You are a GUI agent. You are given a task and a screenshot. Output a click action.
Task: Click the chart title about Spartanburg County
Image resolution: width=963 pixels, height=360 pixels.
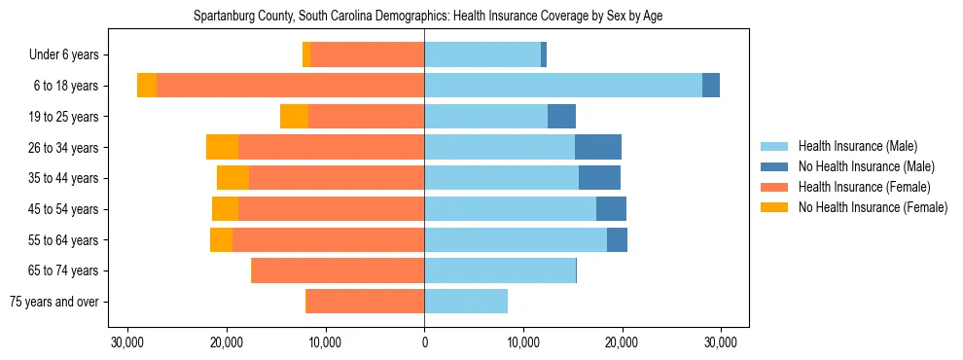(x=428, y=17)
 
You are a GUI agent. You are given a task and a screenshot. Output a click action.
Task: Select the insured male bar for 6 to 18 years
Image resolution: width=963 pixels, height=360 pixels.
(x=563, y=86)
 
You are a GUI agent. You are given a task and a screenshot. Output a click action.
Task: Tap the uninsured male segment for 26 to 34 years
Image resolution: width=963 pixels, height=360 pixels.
(x=598, y=147)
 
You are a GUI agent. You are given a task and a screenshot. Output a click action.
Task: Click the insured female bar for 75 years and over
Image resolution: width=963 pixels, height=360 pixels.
(x=365, y=302)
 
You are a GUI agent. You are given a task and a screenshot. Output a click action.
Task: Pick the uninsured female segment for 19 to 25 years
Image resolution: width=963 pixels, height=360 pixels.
(x=294, y=116)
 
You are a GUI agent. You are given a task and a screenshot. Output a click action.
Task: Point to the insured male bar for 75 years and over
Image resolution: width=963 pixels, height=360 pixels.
(x=466, y=302)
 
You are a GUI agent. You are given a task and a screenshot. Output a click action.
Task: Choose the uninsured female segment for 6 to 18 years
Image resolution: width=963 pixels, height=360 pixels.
(x=147, y=86)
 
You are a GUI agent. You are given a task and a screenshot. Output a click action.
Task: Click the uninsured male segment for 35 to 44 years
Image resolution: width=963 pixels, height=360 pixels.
(x=599, y=178)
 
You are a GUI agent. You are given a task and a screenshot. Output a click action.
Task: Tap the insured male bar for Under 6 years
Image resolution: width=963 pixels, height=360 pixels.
(x=482, y=54)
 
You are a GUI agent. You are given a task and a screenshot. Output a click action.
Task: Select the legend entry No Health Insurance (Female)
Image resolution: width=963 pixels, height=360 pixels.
(x=873, y=207)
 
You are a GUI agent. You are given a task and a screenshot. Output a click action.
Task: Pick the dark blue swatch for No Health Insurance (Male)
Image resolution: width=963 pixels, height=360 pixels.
(x=774, y=166)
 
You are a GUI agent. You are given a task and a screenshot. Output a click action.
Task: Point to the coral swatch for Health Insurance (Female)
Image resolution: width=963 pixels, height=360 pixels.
(x=774, y=187)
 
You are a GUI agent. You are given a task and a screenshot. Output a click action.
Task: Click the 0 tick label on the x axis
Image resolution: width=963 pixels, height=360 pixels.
(x=424, y=342)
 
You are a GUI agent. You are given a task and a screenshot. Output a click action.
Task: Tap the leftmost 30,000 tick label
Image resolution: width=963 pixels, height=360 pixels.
(x=127, y=342)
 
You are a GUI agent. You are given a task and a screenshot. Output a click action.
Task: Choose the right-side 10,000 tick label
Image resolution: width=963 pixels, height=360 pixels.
(x=523, y=342)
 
